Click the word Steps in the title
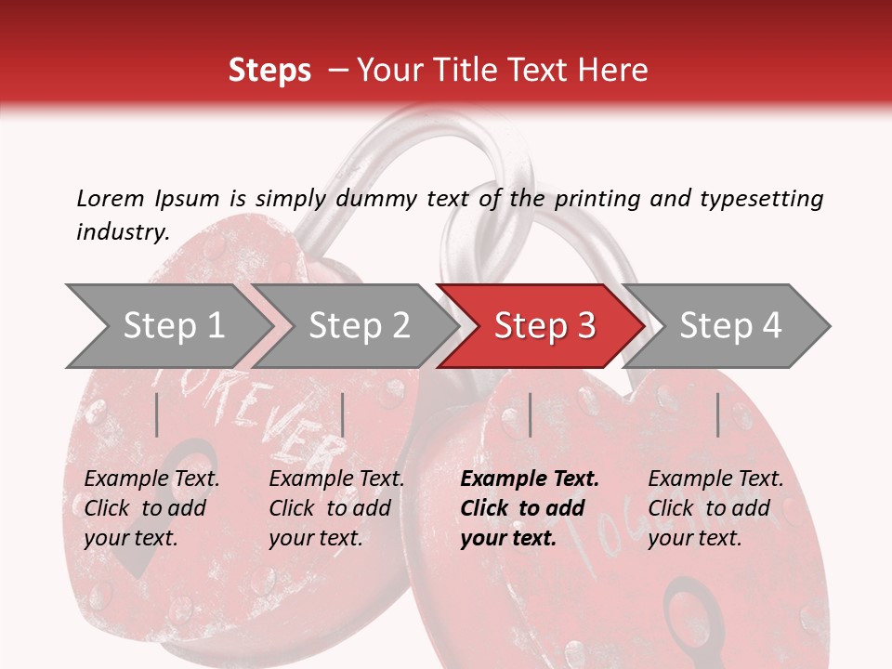click(x=269, y=71)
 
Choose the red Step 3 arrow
click(x=544, y=326)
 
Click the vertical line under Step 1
click(x=157, y=414)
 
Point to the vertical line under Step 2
click(x=343, y=414)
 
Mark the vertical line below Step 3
click(x=530, y=414)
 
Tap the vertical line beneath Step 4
click(x=717, y=414)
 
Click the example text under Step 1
click(x=151, y=508)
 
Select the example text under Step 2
click(x=336, y=508)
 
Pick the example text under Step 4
click(x=715, y=508)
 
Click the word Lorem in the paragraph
click(x=110, y=198)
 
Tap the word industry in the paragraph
click(x=122, y=231)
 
